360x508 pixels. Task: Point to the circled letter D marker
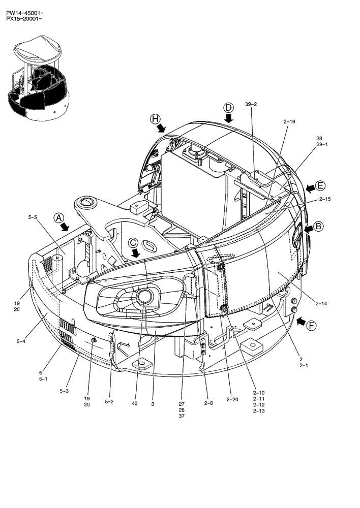pos(229,107)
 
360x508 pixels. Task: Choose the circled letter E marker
pos(320,185)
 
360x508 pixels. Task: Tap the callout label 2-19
pos(289,121)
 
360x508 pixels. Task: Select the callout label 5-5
pos(33,217)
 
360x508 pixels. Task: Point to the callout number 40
pos(134,404)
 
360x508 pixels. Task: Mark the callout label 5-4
pos(21,341)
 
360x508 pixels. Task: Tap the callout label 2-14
pos(321,303)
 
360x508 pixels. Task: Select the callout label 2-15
pos(325,199)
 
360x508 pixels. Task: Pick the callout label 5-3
pos(64,391)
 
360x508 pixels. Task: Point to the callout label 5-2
pos(110,401)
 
